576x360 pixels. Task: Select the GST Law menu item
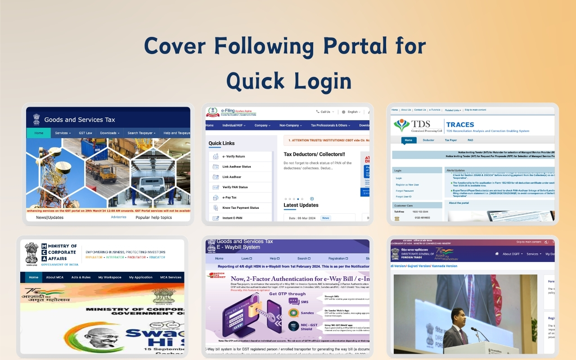(x=85, y=133)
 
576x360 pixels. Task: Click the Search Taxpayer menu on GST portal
(x=140, y=133)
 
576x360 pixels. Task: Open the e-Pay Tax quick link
(x=229, y=198)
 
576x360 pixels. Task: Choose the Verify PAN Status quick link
(x=235, y=187)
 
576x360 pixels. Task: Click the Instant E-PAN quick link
(x=232, y=218)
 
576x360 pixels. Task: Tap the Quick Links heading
(x=221, y=144)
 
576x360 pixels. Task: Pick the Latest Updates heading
(x=301, y=205)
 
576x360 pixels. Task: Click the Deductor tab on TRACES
(x=428, y=140)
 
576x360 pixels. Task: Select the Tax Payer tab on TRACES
(x=450, y=140)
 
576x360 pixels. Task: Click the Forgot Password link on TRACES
(x=405, y=191)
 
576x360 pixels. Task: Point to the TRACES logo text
(x=460, y=125)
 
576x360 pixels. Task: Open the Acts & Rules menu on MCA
(x=81, y=277)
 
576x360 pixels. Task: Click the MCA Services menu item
(x=171, y=277)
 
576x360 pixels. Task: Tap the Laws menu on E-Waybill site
(x=246, y=259)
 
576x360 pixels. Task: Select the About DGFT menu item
(x=513, y=254)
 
